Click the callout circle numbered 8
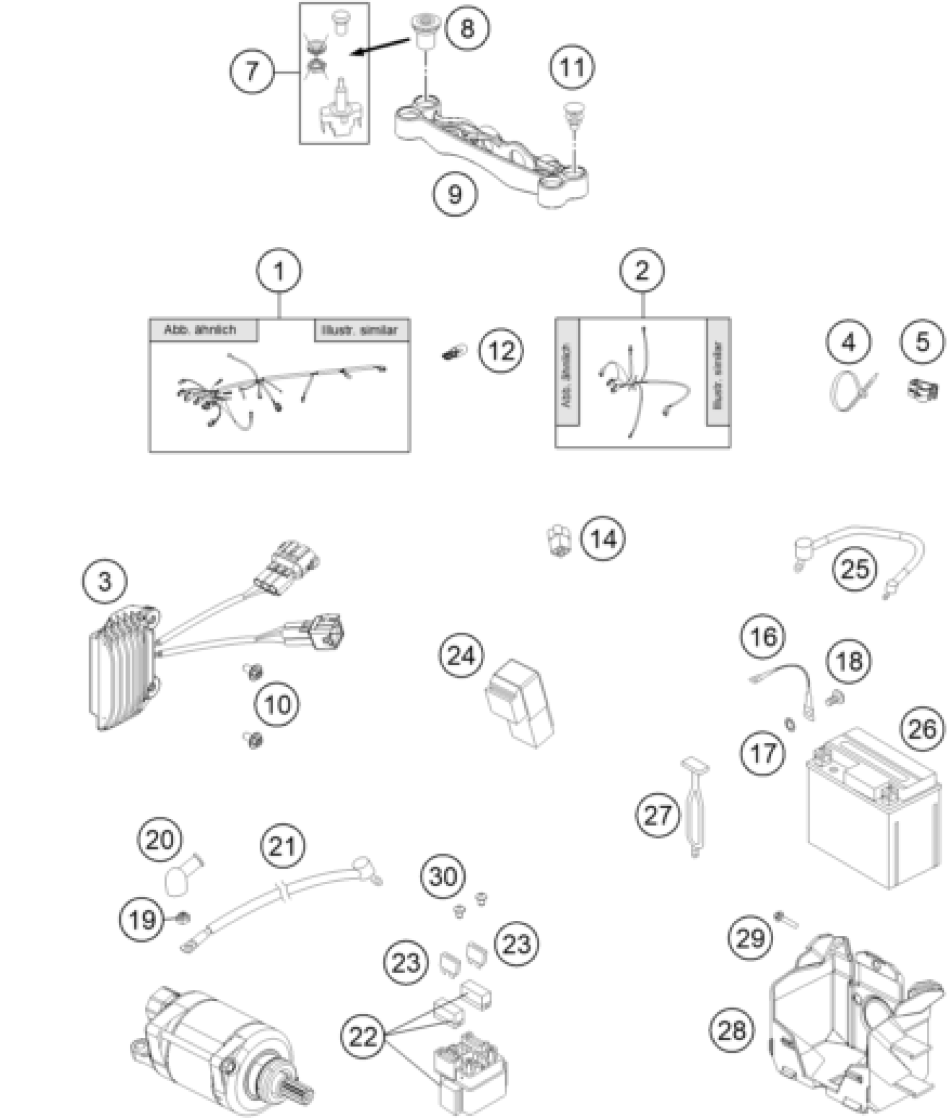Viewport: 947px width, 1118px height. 468,27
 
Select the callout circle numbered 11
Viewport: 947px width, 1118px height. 572,67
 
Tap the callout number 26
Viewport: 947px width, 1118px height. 922,730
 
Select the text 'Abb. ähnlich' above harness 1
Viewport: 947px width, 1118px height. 200,330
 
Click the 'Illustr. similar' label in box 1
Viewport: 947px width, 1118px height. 360,330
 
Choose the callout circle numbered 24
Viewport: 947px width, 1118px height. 461,656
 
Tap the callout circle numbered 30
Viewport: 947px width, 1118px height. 443,877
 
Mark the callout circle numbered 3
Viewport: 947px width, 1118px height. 105,581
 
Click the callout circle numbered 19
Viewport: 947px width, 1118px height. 141,919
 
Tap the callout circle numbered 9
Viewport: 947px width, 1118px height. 455,194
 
